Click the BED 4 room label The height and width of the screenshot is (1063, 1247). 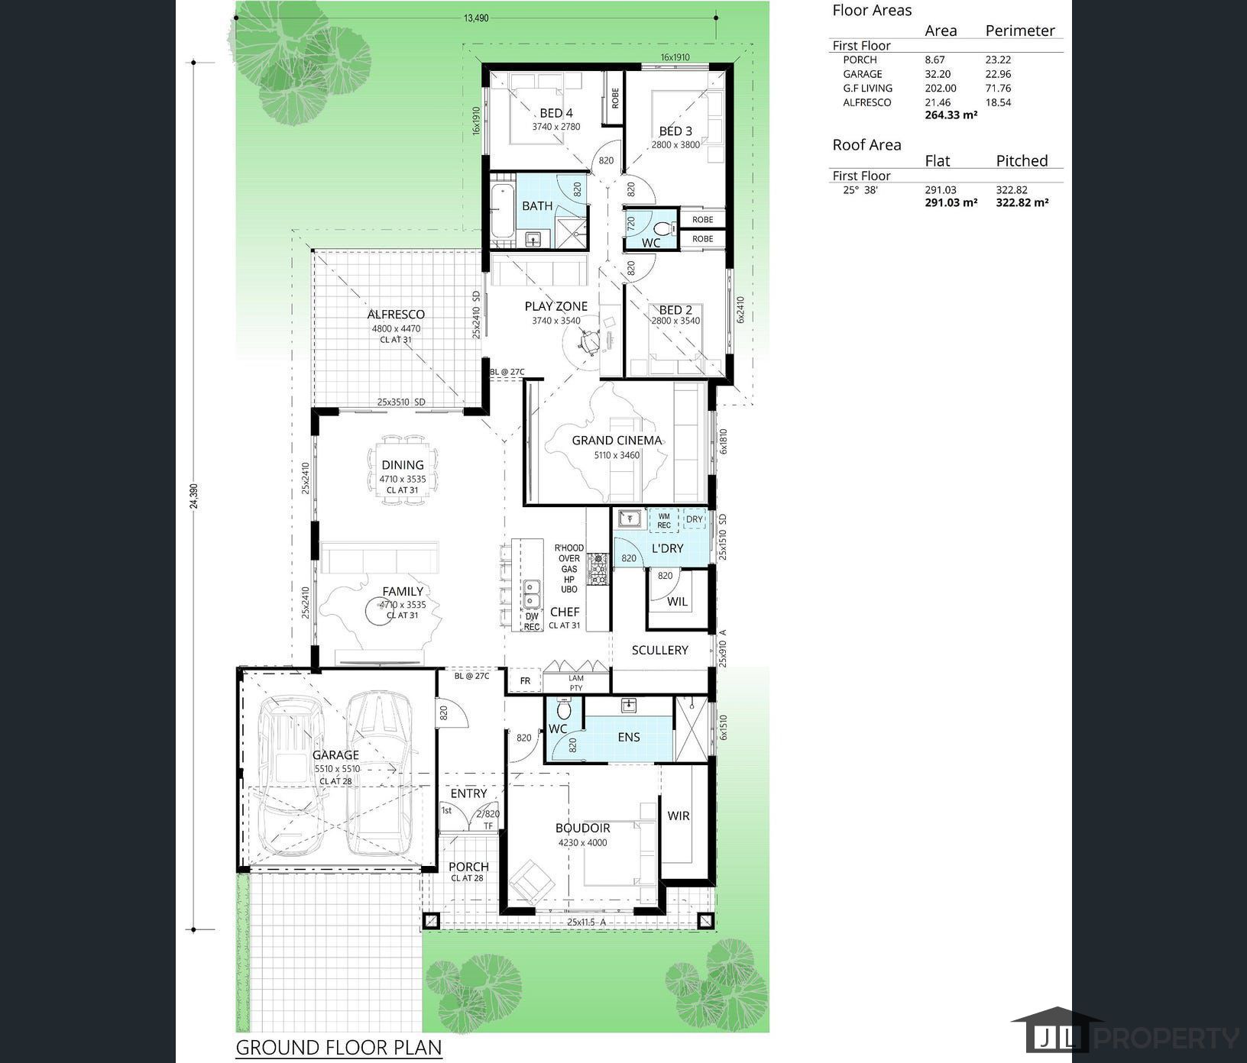tap(555, 113)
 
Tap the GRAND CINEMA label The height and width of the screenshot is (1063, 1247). tap(617, 440)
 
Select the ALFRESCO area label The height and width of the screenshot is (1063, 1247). tap(396, 314)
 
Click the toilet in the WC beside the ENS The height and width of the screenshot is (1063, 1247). tap(563, 710)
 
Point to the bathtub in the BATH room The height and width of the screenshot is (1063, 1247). tap(502, 210)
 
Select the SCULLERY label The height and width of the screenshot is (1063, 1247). tap(659, 650)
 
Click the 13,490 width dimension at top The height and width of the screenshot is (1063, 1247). tap(475, 18)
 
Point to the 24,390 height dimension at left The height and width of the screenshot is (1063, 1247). tap(193, 496)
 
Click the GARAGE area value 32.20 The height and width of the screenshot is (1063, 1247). tap(937, 74)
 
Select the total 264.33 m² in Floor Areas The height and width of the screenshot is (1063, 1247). tap(951, 115)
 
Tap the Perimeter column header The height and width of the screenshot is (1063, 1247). tap(1019, 31)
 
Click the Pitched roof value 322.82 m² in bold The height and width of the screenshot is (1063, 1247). tap(1022, 202)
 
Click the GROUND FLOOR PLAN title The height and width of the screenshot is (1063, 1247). tap(338, 1046)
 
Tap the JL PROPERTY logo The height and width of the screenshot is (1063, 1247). tap(1123, 1036)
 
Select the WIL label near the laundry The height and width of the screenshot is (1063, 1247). tap(677, 602)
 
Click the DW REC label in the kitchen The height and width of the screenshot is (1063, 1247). tap(532, 621)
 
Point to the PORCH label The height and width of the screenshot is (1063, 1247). tap(468, 867)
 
